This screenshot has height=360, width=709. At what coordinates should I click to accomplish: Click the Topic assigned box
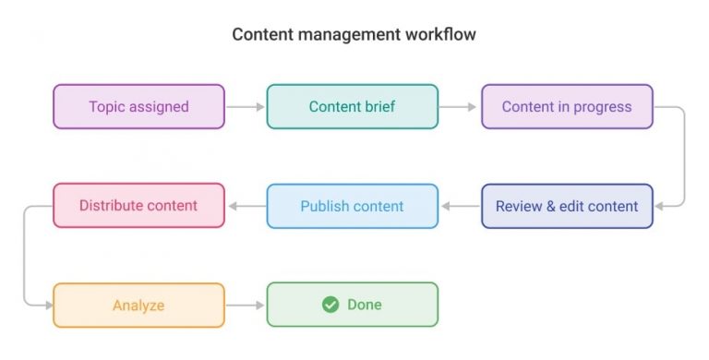point(138,106)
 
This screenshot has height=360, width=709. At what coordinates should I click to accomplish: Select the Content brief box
point(353,106)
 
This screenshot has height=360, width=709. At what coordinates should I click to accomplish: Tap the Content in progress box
point(567,106)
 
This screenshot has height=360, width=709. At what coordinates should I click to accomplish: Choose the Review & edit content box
point(567,206)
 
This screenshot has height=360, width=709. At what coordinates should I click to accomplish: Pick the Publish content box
point(353,206)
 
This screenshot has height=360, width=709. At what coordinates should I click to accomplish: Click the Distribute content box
point(138,205)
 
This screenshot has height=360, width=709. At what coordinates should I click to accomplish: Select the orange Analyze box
point(138,305)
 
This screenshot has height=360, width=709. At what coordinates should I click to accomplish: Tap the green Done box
point(353,305)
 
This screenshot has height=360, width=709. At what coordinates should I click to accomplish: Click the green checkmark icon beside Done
point(330,305)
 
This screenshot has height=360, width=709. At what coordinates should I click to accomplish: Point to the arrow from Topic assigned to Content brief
point(246,107)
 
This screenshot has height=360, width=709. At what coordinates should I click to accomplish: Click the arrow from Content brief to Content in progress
point(460,107)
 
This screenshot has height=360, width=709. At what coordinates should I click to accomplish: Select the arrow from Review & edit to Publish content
point(460,206)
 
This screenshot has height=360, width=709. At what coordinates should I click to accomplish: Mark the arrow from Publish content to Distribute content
point(246,206)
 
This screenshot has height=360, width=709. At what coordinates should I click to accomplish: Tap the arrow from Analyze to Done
point(246,305)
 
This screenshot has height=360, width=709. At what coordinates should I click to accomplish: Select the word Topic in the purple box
point(107,106)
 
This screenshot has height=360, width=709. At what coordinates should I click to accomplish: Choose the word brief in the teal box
point(379,106)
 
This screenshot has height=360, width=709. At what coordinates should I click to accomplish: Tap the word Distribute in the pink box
point(110,205)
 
